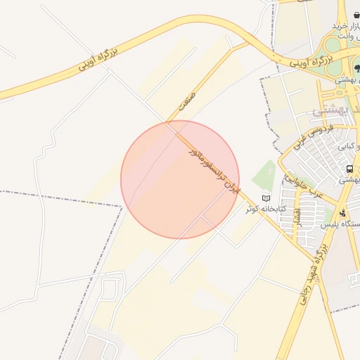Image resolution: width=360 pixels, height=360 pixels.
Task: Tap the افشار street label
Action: (x=297, y=217)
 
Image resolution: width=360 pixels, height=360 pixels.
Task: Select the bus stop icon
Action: (x=349, y=169)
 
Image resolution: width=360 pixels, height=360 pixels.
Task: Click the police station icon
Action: (x=342, y=213)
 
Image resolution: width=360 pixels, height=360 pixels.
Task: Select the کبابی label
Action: (x=347, y=146)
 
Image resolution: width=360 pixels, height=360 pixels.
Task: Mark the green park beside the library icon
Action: (x=264, y=174)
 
